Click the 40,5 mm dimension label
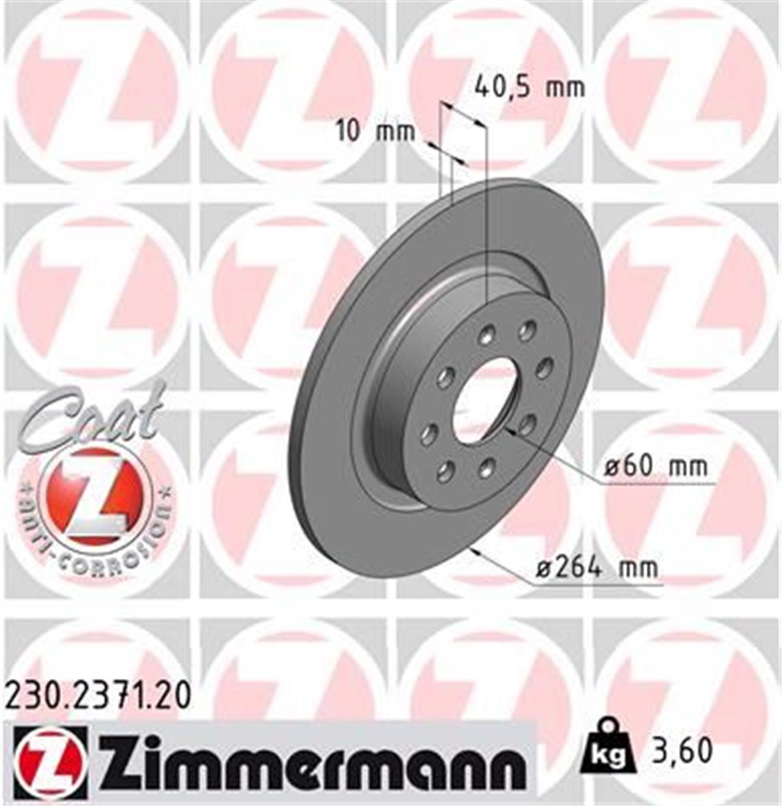click(x=529, y=87)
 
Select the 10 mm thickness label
click(x=375, y=132)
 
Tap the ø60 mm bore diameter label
click(x=654, y=467)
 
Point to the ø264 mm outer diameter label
click(x=596, y=568)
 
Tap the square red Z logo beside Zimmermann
click(x=50, y=763)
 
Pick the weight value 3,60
click(x=681, y=751)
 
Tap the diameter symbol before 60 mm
click(x=611, y=467)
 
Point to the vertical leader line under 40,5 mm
click(x=486, y=215)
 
